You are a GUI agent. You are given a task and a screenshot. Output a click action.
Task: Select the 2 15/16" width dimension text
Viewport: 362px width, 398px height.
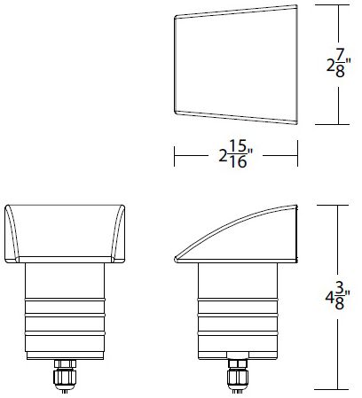coord(235,156)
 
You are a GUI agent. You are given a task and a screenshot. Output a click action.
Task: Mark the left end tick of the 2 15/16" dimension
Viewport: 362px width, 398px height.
coord(174,156)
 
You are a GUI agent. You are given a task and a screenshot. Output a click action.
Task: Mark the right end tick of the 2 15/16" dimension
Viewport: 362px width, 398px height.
coord(297,156)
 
